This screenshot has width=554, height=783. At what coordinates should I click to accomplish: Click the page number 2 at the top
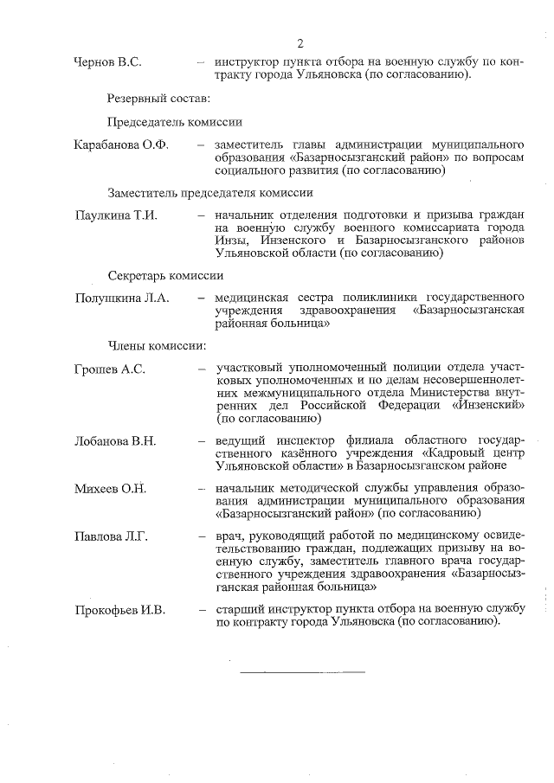(x=300, y=43)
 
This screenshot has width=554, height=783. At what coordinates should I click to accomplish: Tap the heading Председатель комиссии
(x=175, y=122)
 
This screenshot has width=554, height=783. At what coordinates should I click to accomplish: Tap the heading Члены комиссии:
(x=157, y=346)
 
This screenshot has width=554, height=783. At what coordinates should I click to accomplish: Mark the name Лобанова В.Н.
(x=116, y=441)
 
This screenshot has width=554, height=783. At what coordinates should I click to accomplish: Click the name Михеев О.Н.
(x=110, y=489)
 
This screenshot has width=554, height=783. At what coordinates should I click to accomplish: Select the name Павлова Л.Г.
(x=112, y=537)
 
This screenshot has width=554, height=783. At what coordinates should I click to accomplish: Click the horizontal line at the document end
(x=301, y=672)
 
